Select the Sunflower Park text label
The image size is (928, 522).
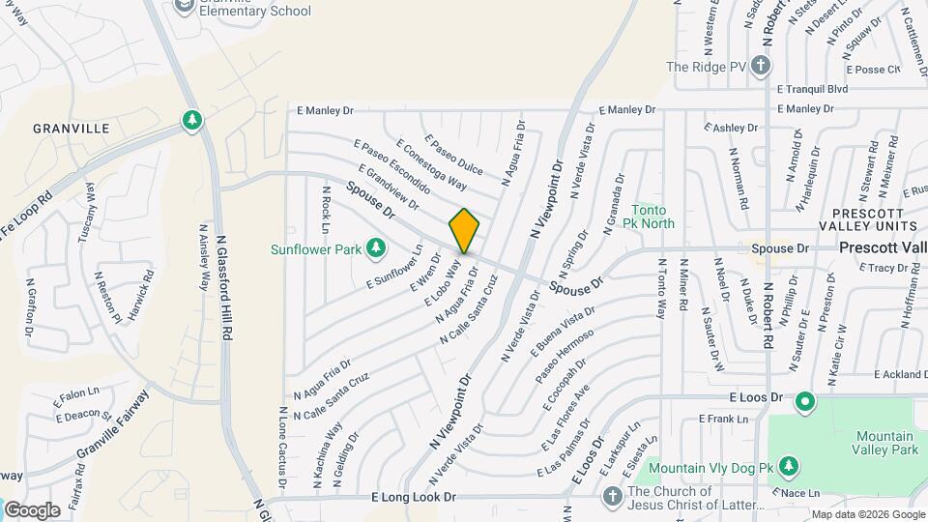point(316,250)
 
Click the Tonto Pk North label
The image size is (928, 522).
point(652,217)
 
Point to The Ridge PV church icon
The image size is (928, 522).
point(761,67)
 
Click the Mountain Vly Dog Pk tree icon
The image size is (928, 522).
point(789,468)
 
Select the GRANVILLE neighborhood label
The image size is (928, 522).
point(63,128)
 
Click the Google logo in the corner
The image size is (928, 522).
point(32,509)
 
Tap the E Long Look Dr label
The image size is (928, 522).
point(413,496)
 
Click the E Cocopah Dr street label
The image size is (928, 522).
point(554,390)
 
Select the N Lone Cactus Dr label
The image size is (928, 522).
point(281,446)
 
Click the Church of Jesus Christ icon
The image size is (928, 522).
point(611,497)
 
